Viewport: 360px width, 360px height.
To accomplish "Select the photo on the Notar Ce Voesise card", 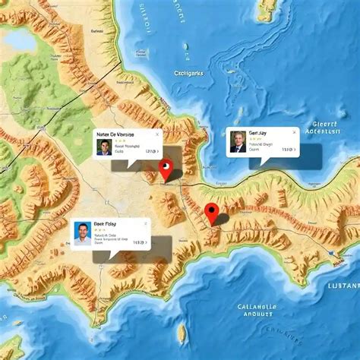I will pos(104,147).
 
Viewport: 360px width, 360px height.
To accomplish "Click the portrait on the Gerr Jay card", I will pos(238,142).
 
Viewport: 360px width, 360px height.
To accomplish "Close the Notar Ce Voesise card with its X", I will pos(157,134).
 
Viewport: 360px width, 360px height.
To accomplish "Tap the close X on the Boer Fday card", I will pos(142,223).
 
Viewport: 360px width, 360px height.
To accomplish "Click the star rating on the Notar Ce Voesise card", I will pos(119,141).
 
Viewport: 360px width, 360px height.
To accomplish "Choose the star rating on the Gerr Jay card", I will pos(255,141).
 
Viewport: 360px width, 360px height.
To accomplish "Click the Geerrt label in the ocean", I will pos(331,125).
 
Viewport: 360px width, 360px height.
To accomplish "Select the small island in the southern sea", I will pos(183,332).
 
